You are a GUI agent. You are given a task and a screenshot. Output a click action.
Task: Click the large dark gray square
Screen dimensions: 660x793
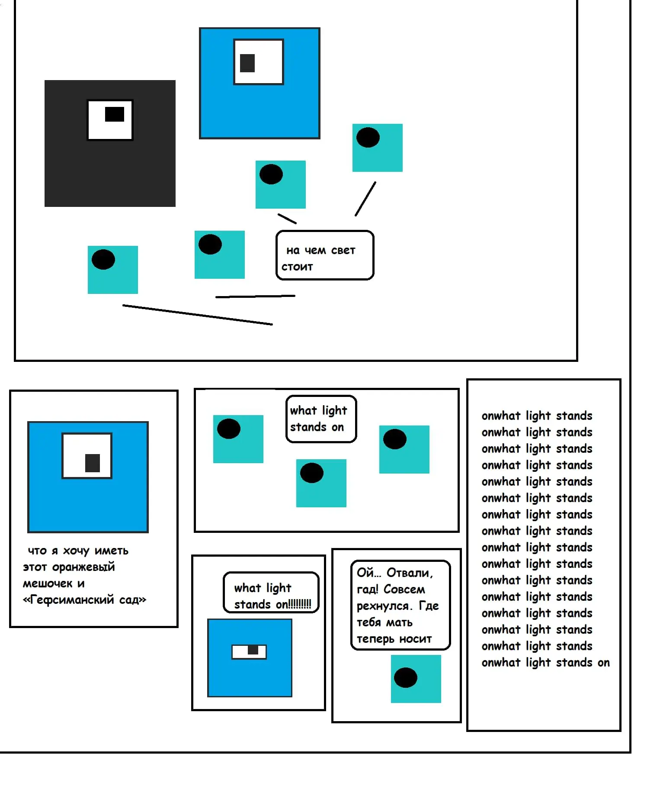pyautogui.click(x=110, y=143)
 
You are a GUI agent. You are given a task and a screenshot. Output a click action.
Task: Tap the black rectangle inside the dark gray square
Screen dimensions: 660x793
pyautogui.click(x=115, y=114)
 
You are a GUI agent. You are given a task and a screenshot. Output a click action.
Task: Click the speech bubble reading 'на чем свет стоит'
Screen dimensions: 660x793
pyautogui.click(x=325, y=255)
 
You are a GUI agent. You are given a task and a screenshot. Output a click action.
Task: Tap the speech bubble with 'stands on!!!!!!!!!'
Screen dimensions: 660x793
pyautogui.click(x=271, y=593)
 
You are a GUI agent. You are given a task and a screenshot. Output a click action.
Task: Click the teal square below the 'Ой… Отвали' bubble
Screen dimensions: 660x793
pyautogui.click(x=416, y=679)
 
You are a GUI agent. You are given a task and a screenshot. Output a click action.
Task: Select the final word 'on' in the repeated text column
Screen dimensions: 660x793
pyautogui.click(x=604, y=663)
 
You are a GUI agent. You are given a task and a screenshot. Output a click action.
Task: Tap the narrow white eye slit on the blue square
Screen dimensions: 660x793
pyautogui.click(x=249, y=652)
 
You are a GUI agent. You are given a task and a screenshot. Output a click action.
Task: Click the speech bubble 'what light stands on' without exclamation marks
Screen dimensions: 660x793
pyautogui.click(x=321, y=419)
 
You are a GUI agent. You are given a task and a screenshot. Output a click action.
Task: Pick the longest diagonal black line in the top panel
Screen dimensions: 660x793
pyautogui.click(x=198, y=315)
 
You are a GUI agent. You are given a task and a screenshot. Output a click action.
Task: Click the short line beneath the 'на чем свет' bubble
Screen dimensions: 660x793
pyautogui.click(x=255, y=297)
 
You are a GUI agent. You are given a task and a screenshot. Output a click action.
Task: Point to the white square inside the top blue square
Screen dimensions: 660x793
pyautogui.click(x=259, y=62)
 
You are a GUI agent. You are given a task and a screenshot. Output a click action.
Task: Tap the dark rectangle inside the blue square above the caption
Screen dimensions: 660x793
pyautogui.click(x=93, y=463)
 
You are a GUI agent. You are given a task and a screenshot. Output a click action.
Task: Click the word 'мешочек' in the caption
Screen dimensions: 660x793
pyautogui.click(x=48, y=583)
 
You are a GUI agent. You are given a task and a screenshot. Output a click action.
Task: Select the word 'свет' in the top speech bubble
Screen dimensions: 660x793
pyautogui.click(x=343, y=251)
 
